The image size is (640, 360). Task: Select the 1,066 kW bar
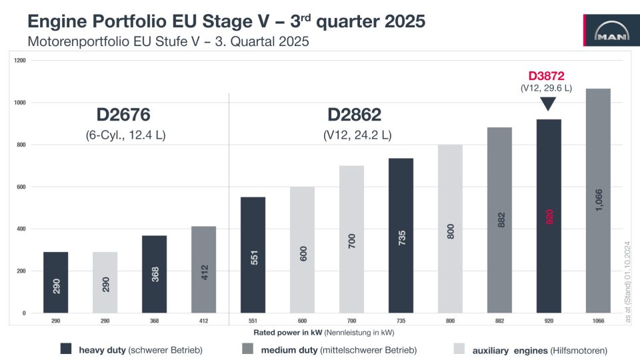point(597,200)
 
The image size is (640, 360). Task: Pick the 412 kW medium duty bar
point(203,269)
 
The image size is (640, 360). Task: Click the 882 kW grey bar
point(499,219)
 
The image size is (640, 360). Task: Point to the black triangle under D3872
point(548,103)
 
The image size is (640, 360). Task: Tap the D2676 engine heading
point(126,113)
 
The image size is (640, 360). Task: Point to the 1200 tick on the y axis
point(19,61)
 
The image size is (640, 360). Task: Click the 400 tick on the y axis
point(21,229)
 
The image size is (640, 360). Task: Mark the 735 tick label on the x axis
point(401,321)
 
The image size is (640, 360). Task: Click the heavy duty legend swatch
point(65,349)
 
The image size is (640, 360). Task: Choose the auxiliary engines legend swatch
point(459,349)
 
